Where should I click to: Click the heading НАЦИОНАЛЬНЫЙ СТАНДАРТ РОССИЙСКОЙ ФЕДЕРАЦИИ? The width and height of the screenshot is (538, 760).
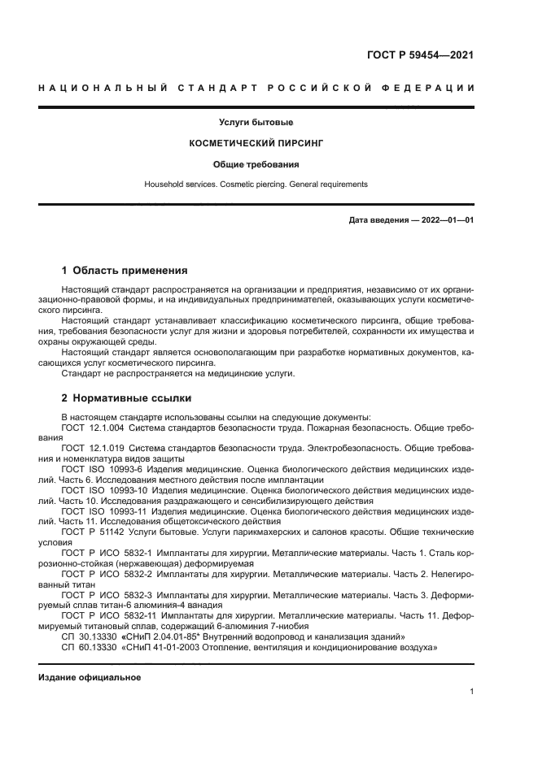point(256,88)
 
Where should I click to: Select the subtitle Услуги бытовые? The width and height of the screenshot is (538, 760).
point(256,122)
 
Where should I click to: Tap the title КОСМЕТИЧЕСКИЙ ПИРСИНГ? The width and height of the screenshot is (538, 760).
point(256,142)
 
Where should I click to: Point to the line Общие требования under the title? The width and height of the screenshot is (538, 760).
point(256,163)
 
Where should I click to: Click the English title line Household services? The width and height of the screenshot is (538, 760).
point(256,184)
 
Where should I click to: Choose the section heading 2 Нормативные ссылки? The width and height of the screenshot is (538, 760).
point(126,398)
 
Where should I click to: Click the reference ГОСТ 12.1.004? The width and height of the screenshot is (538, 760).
point(92,427)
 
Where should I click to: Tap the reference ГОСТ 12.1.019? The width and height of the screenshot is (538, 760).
point(92,448)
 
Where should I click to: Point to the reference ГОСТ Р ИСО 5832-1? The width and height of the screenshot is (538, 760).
point(102,553)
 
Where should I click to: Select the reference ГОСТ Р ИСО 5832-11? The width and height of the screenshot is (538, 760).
point(104,616)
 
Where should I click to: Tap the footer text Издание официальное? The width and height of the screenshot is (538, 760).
point(90,677)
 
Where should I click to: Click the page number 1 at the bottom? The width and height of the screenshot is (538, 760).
point(471,692)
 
